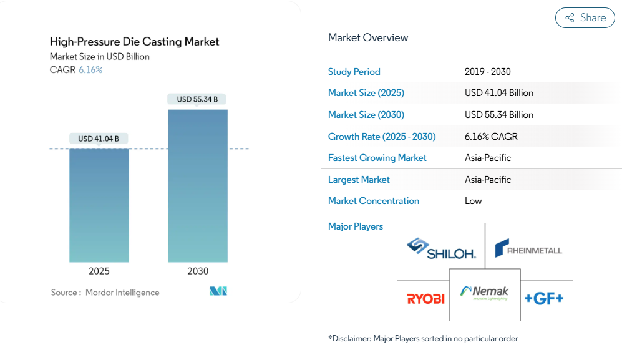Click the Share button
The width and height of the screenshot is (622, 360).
coord(585,18)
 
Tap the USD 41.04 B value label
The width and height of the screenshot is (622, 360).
coord(99,139)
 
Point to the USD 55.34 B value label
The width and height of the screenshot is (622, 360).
coord(197,99)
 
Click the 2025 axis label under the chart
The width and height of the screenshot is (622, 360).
coord(99,271)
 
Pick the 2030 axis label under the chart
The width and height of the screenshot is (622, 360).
coord(198,271)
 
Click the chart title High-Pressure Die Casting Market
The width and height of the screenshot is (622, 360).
coord(135,42)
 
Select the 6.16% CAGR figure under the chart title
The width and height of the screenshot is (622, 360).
coord(90,70)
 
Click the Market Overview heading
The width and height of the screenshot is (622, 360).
coord(368,37)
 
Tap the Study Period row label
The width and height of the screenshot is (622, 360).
coord(354,72)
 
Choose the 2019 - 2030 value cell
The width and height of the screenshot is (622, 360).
coord(487,72)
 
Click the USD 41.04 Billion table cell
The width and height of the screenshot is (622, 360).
coord(499,93)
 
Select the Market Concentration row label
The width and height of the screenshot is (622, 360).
coord(374,201)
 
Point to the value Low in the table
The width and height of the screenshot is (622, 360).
coord(474,201)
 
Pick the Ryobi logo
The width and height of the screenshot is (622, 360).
coord(425,299)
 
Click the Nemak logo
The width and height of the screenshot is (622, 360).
coord(485,293)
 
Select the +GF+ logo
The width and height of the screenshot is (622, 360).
coord(544,299)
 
